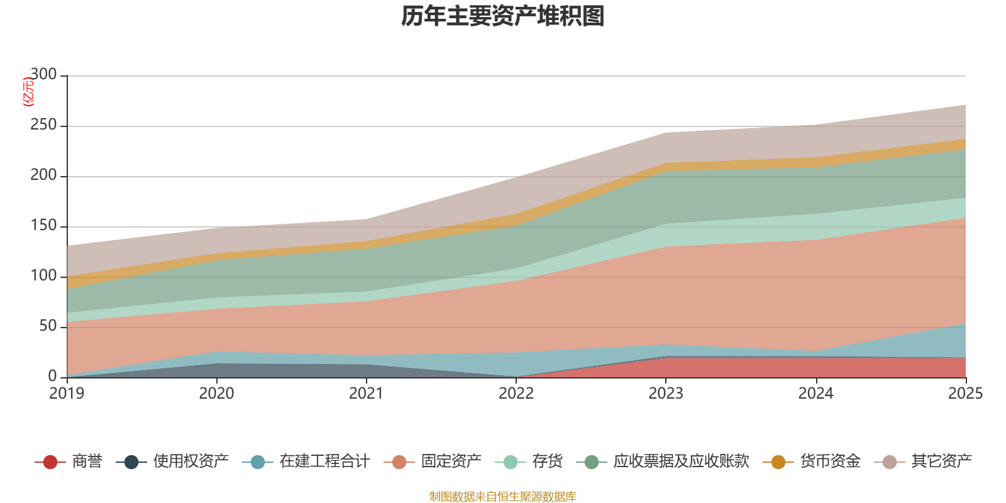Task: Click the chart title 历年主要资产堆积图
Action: (503, 16)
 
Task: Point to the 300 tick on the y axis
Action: (43, 75)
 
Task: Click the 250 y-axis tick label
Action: (43, 125)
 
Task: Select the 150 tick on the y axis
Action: (43, 226)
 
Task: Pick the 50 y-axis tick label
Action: (48, 326)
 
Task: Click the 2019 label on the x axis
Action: (67, 394)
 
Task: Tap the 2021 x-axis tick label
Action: (366, 394)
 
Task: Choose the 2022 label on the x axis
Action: (516, 394)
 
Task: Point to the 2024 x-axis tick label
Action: (815, 394)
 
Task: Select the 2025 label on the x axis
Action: (965, 394)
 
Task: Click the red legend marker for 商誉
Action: (50, 462)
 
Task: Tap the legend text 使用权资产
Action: (191, 462)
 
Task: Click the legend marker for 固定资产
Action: (399, 462)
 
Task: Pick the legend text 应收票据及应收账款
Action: (681, 462)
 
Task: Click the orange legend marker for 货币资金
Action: (778, 462)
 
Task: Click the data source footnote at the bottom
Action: (502, 497)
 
